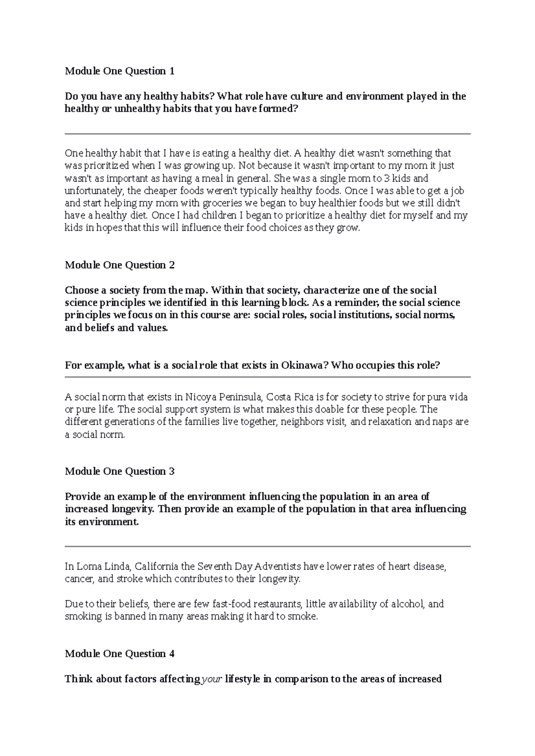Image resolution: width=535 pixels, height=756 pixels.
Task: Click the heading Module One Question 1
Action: (119, 71)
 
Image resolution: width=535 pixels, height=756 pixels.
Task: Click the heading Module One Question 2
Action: (119, 265)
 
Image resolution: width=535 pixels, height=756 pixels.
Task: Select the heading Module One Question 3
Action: (119, 471)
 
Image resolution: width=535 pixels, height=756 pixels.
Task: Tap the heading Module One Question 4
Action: (119, 654)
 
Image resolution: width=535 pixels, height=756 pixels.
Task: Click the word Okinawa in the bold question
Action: (305, 366)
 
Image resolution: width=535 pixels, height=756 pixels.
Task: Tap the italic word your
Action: (212, 679)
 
